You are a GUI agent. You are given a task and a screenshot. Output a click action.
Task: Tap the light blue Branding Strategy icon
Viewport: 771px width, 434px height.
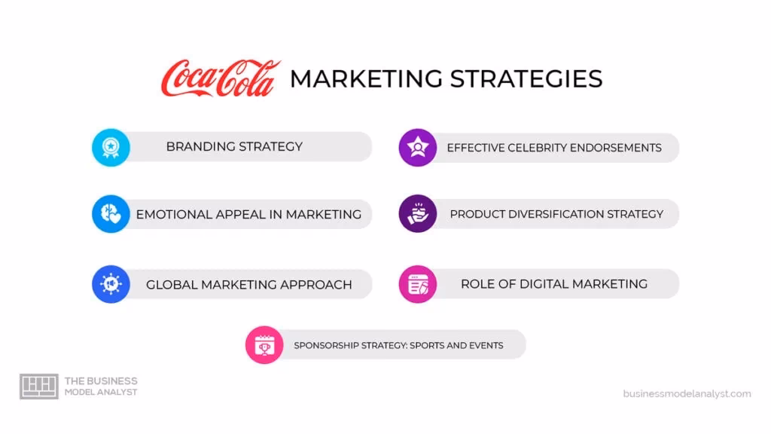pyautogui.click(x=111, y=147)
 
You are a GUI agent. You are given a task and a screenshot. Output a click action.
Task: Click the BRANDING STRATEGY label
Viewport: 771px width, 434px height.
pyautogui.click(x=234, y=147)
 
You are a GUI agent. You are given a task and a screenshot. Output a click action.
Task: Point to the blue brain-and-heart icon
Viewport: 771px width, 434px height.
pyautogui.click(x=111, y=214)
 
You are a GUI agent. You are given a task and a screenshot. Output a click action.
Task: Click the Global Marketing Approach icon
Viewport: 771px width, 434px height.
pyautogui.click(x=111, y=284)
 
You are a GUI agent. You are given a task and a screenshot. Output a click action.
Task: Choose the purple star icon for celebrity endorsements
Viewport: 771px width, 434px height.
pyautogui.click(x=417, y=147)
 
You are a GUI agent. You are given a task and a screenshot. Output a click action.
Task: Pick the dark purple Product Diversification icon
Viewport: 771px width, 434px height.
pyautogui.click(x=417, y=214)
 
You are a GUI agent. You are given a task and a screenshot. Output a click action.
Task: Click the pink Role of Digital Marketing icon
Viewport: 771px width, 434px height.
pyautogui.click(x=417, y=284)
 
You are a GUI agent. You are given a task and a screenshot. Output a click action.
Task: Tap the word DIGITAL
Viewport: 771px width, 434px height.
pyautogui.click(x=540, y=284)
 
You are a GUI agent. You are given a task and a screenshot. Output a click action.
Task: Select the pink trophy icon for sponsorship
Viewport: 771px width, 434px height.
pyautogui.click(x=264, y=345)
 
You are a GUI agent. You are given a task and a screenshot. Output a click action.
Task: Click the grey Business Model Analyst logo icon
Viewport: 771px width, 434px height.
pyautogui.click(x=38, y=387)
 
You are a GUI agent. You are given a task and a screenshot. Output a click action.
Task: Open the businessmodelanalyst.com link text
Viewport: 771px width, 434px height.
pyautogui.click(x=687, y=393)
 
